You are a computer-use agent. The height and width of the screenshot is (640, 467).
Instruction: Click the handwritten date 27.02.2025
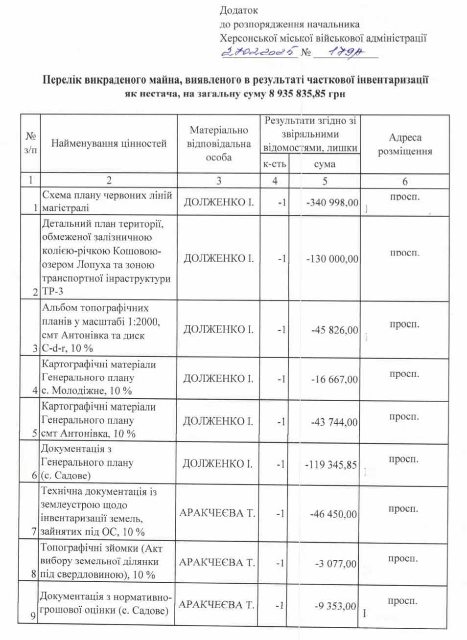pos(259,51)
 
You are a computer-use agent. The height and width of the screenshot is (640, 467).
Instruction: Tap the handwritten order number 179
pos(345,51)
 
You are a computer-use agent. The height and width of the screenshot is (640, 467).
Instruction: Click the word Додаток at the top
pos(238,10)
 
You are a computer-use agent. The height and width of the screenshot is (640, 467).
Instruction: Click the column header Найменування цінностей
pos(109,143)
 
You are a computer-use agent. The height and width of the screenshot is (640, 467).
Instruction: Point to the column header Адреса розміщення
pos(405,144)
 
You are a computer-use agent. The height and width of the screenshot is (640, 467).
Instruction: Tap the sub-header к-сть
pos(275,164)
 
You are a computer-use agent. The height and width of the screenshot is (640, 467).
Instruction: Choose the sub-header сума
pos(325,164)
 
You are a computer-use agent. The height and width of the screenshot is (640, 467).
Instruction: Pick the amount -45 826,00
pos(335,330)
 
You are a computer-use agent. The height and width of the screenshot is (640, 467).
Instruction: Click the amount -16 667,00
pos(335,379)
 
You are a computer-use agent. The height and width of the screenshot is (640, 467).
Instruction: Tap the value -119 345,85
pos(331,464)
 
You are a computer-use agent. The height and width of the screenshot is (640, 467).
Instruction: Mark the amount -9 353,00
pos(335,606)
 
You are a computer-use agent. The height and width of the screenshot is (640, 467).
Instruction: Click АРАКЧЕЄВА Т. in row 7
pos(217,513)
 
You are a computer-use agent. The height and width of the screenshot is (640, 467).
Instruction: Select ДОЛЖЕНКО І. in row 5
pos(218,421)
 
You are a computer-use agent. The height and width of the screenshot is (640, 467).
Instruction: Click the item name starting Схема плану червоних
pos(107,201)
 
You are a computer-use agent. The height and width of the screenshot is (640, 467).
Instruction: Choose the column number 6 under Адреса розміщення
pos(405,182)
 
